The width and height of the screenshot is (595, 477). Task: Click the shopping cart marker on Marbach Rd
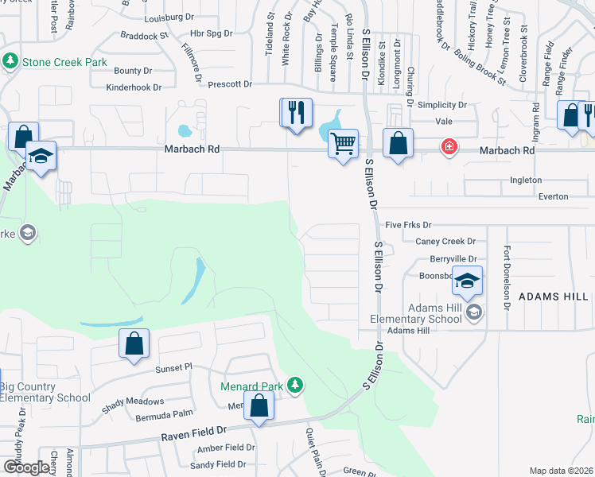click(x=343, y=145)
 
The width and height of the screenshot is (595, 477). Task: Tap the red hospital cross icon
click(x=449, y=148)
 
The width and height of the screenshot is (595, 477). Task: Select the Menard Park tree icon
click(x=295, y=386)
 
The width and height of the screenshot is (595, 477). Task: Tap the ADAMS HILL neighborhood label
click(x=554, y=296)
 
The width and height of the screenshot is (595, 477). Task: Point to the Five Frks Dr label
click(x=408, y=226)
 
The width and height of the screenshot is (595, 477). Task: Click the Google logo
click(x=26, y=467)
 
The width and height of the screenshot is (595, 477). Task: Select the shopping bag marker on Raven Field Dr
click(x=259, y=407)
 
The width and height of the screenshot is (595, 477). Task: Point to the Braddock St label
click(x=144, y=36)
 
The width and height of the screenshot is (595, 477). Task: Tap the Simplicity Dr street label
click(x=441, y=105)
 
